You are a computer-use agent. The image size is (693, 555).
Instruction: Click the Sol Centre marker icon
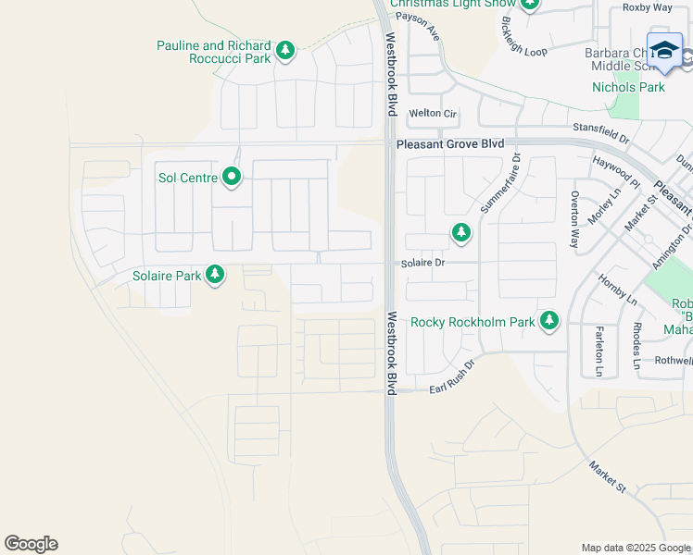231,177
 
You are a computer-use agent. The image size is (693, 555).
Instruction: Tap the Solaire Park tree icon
215,275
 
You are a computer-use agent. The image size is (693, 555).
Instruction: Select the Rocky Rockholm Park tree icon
550,321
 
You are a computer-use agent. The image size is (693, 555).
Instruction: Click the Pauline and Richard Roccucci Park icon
285,51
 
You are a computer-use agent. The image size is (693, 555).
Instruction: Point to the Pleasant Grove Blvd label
450,144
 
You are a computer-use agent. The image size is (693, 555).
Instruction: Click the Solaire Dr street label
423,264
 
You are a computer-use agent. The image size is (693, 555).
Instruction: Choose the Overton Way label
575,220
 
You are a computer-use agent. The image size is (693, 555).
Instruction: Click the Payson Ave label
418,22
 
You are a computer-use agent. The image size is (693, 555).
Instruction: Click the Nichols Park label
628,88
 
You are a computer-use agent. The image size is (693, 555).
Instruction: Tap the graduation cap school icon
664,52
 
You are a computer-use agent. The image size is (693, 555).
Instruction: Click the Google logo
31,544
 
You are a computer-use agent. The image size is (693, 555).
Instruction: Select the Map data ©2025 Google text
635,548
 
